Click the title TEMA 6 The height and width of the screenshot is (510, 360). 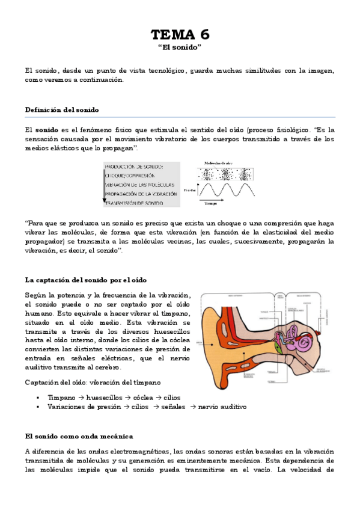tap(180, 34)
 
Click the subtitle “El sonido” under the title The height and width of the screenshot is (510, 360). tap(180, 46)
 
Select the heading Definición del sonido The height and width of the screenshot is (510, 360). tap(62, 109)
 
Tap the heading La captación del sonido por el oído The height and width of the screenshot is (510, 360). tap(86, 280)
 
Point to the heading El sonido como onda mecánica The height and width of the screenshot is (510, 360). tap(79, 435)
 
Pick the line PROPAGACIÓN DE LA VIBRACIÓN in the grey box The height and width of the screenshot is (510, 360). tap(141, 194)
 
